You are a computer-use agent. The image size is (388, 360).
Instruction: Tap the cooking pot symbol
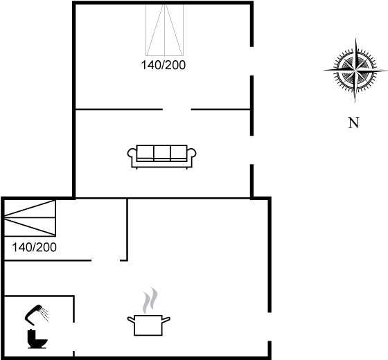[x=148, y=325]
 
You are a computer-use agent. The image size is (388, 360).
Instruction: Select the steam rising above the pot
[x=150, y=300]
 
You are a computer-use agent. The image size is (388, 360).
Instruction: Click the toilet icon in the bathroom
[x=37, y=339]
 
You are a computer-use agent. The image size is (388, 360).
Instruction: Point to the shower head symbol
[x=37, y=315]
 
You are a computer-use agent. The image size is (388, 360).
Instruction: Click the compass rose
[x=355, y=70]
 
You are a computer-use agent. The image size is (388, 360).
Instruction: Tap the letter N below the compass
[x=353, y=123]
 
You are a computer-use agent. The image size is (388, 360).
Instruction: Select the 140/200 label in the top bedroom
[x=164, y=65]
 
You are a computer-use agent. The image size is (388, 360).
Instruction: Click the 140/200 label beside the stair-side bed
[x=35, y=247]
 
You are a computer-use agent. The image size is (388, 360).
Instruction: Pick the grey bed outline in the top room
[x=165, y=30]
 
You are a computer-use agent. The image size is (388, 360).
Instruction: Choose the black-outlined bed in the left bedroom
[x=30, y=218]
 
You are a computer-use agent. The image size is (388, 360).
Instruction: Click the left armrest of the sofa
[x=132, y=153]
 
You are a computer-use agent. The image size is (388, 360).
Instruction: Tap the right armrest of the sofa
[x=191, y=153]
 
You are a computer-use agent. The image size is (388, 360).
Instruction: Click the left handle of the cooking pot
[x=131, y=319]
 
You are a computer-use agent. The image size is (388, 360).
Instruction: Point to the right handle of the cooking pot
[x=166, y=319]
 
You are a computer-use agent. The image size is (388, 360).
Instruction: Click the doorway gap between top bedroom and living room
[x=177, y=109]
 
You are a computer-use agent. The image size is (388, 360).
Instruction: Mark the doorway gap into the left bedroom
[x=105, y=260]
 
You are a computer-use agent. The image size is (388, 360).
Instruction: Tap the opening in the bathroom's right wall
[x=73, y=336]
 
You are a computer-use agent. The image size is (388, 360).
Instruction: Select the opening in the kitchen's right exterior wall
[x=270, y=327]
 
